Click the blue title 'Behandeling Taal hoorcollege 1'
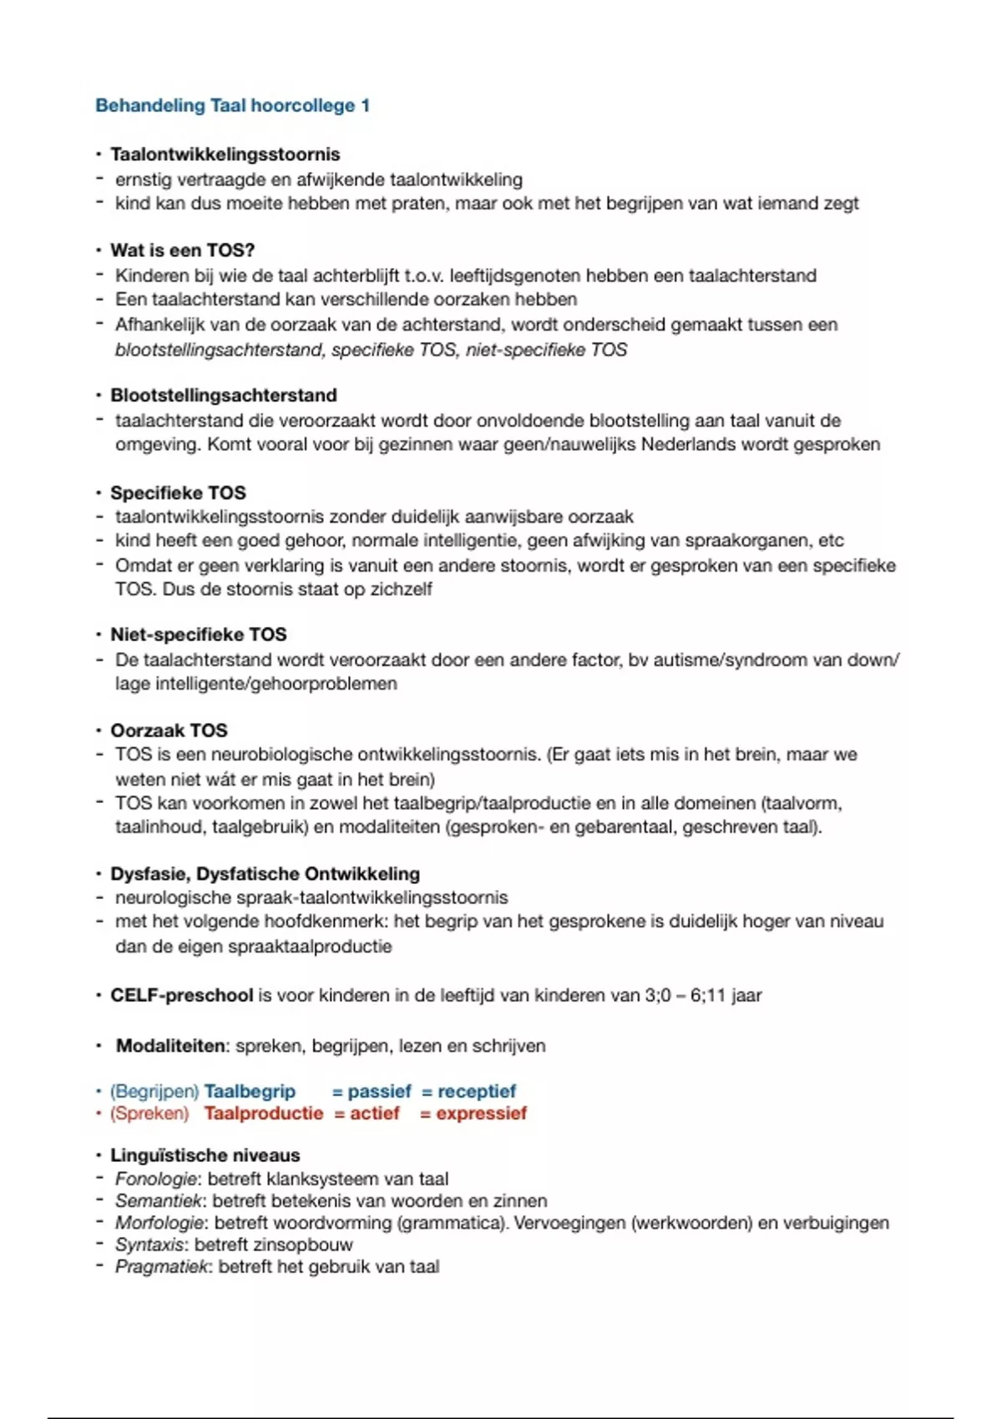tap(232, 106)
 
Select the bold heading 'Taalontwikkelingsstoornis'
tap(225, 154)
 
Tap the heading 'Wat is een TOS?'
tap(182, 250)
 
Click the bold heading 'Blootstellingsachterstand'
tap(223, 396)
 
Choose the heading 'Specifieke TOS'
tap(178, 492)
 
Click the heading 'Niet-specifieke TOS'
tap(198, 634)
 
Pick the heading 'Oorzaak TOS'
tap(169, 730)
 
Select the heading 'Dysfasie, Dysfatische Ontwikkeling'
tap(265, 874)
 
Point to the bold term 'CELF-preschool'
tap(181, 996)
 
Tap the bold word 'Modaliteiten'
tap(171, 1046)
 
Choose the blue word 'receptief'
tap(477, 1092)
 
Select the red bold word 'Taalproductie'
tap(263, 1113)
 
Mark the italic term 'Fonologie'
tap(156, 1179)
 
